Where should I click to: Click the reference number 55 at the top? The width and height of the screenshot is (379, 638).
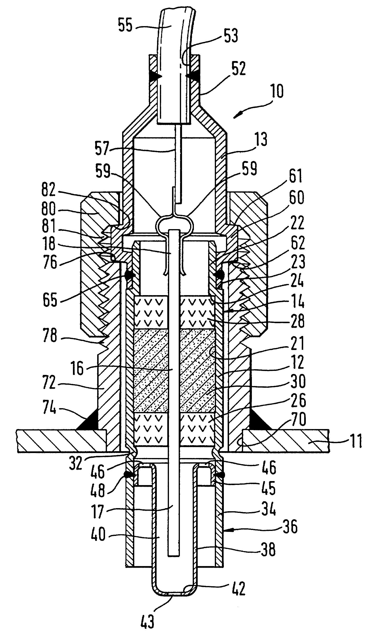click(x=125, y=25)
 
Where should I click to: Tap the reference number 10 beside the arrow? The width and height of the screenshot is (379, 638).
click(x=277, y=91)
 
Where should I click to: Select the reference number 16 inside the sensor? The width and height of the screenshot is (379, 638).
click(x=77, y=369)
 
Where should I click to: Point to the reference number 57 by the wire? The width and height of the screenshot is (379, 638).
click(x=102, y=148)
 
